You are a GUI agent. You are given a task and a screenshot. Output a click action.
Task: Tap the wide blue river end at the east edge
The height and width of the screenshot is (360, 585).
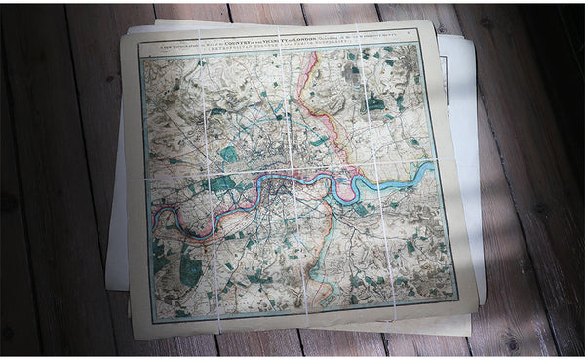[x=426, y=173]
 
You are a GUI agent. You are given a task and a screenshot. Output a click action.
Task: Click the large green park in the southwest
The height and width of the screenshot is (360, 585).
[x=190, y=270]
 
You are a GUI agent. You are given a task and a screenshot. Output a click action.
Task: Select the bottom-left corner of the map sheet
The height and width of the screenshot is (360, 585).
[x=133, y=338]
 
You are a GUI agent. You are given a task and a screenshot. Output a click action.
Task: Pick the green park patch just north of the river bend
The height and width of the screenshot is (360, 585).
[x=228, y=153]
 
